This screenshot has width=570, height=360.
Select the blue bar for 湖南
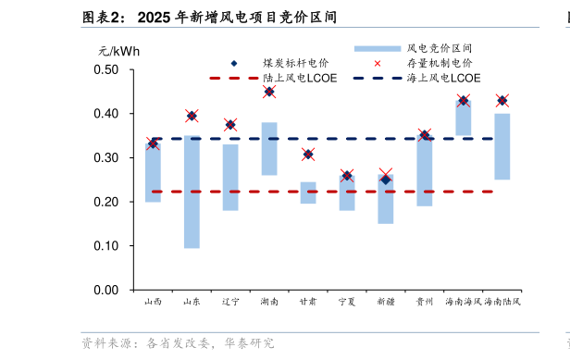[x=269, y=148]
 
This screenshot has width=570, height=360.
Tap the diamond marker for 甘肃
[x=308, y=155]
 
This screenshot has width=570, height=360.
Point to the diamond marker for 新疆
[x=386, y=180]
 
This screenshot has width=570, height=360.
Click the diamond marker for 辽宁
[x=230, y=125]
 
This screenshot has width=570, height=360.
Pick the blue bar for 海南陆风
[x=502, y=146]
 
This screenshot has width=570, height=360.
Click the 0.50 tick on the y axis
[x=106, y=70]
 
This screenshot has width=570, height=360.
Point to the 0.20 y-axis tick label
[x=106, y=202]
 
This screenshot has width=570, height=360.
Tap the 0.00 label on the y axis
[x=106, y=290]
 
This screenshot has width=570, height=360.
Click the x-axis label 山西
[x=153, y=302]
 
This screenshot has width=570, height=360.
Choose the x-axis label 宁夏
[x=347, y=302]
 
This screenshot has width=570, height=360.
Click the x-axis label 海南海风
[x=463, y=302]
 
